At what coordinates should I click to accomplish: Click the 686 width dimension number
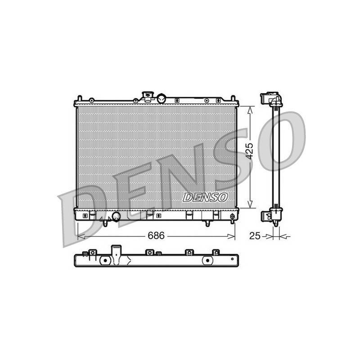click(156, 235)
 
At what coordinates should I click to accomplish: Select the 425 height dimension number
click(249, 151)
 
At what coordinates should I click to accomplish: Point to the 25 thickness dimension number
click(255, 236)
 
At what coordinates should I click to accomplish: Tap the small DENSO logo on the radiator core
click(205, 197)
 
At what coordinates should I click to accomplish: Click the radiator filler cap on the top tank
click(148, 96)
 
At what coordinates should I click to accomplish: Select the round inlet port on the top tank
click(162, 99)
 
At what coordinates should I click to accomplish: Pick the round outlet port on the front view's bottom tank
click(116, 216)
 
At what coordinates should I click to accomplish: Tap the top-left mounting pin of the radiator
click(80, 99)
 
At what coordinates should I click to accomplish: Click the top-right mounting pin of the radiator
click(233, 99)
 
